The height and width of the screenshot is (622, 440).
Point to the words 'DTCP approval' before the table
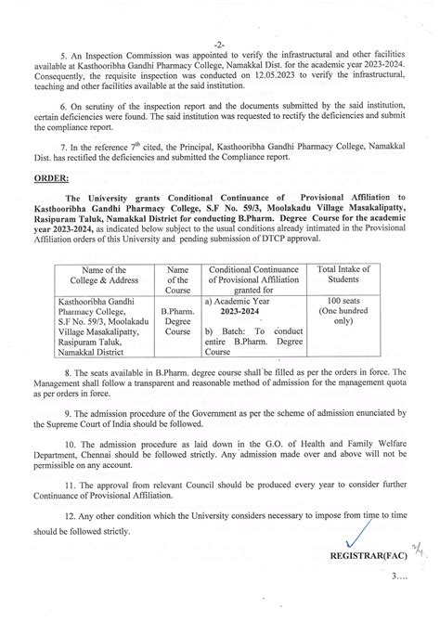pos(294,247)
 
